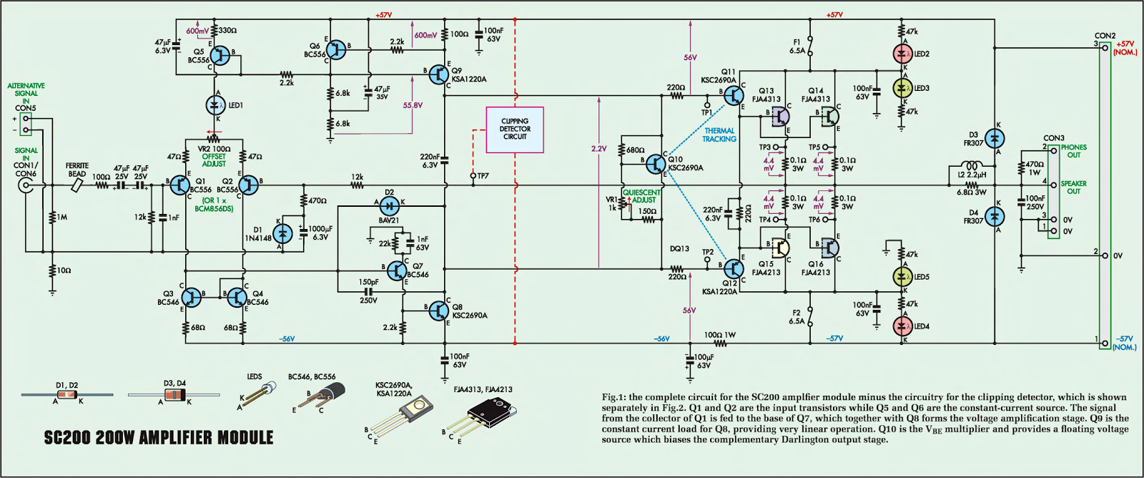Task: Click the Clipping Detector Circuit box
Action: point(515,130)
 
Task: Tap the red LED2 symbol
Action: point(903,54)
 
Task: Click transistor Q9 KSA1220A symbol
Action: point(439,74)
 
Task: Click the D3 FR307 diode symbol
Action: point(994,138)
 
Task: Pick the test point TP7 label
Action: point(483,176)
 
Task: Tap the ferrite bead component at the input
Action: point(77,185)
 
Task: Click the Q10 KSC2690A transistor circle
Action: point(656,164)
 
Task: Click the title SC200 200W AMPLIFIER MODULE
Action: point(159,438)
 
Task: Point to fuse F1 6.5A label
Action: point(797,47)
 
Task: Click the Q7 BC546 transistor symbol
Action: point(398,270)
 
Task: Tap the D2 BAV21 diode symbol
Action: point(389,207)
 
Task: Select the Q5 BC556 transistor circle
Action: point(221,55)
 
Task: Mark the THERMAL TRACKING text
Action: point(719,135)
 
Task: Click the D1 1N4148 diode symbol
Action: point(284,233)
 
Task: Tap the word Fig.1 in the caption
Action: point(612,397)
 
